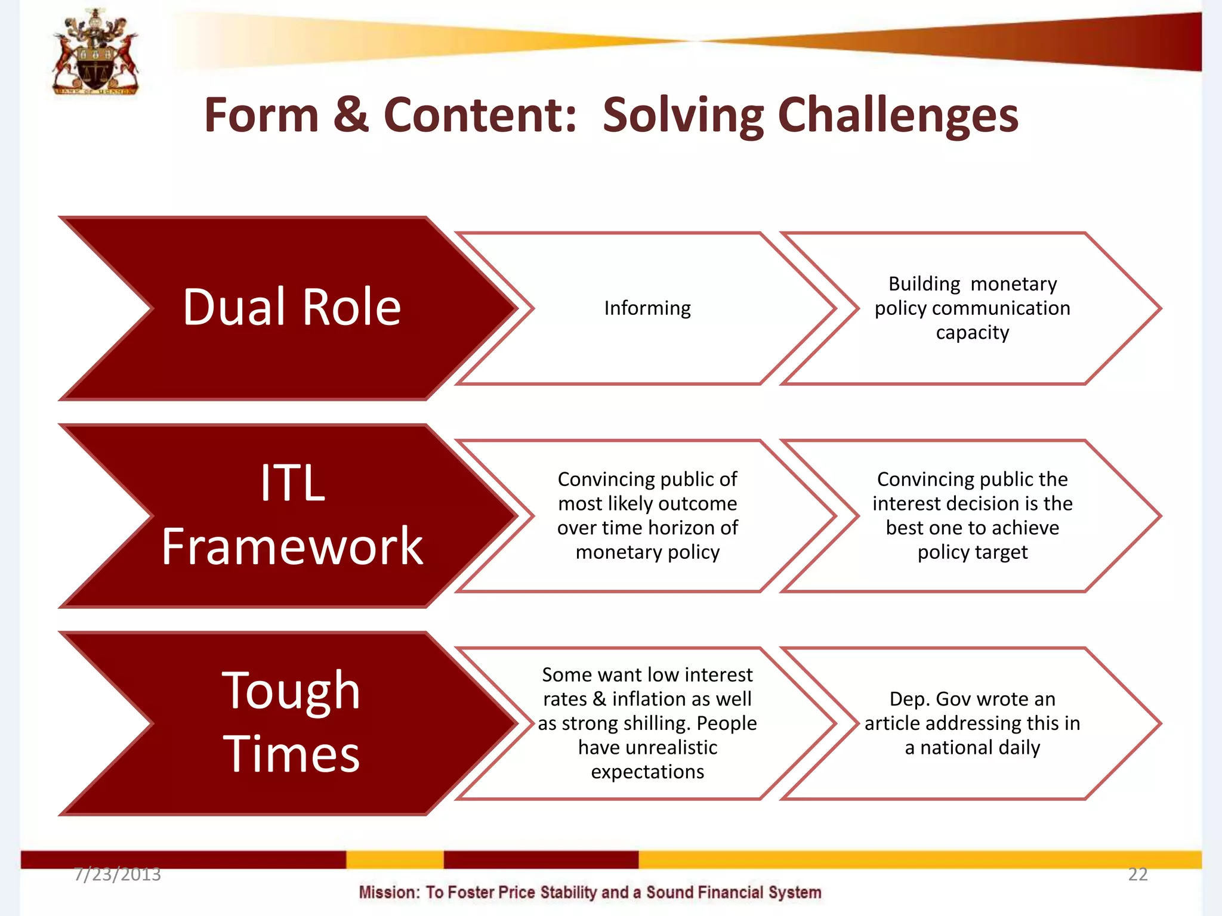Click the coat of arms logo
click(95, 52)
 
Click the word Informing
click(647, 308)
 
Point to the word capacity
click(972, 333)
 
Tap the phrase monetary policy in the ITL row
click(647, 552)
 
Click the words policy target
click(972, 552)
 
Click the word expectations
click(647, 772)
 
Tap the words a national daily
click(972, 748)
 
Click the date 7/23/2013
click(118, 874)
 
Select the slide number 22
click(1137, 874)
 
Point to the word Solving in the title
click(683, 116)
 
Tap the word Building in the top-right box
click(924, 284)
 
